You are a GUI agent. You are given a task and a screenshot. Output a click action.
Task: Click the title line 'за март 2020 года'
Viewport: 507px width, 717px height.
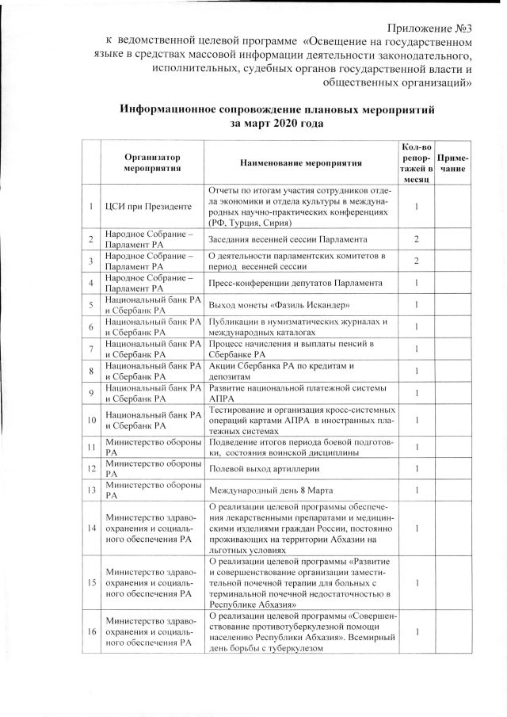pos(276,124)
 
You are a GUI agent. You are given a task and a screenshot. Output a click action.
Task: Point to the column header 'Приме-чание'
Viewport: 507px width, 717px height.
pos(452,163)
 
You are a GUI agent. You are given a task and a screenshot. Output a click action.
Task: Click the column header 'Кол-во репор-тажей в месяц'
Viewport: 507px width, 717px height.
pos(416,163)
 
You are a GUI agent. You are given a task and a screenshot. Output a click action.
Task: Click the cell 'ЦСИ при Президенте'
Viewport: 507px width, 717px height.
pos(149,208)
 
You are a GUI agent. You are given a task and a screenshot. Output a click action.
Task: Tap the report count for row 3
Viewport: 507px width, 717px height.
pos(416,261)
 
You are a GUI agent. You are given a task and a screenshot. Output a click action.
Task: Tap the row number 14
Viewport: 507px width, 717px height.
pos(91,528)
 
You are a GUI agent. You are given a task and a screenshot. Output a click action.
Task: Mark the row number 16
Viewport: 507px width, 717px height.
pos(91,631)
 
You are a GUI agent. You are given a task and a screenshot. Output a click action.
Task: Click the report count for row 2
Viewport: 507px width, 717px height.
pos(416,239)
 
